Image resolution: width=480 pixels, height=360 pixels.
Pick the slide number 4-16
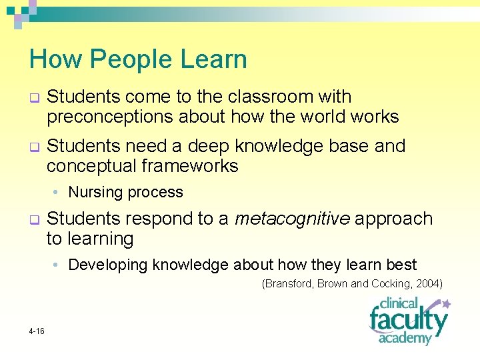coord(37,331)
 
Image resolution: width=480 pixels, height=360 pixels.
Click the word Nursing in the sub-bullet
coord(93,193)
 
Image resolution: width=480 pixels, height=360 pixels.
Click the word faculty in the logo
coord(407,321)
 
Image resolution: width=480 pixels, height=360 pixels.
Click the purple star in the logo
coord(446,304)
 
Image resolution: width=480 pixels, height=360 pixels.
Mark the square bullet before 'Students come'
coord(33,97)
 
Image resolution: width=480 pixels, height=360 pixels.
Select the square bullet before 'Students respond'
coord(33,219)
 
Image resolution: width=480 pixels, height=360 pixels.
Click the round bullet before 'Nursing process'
coord(58,193)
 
